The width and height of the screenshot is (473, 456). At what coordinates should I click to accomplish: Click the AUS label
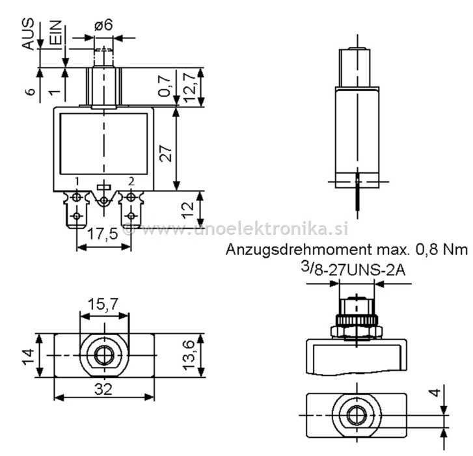coord(28,34)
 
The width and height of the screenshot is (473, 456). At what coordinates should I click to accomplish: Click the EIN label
coord(55,33)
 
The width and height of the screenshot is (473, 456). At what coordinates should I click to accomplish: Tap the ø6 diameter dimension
coord(103,25)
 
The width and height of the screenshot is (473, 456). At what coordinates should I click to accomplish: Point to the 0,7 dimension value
coord(165,87)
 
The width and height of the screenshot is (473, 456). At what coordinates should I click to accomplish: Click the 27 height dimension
coord(165,154)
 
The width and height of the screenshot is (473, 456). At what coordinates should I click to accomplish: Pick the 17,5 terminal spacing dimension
coord(102,234)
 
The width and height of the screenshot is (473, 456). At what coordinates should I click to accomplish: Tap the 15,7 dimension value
coord(103,304)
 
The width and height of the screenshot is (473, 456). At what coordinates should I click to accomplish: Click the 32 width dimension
coord(103,389)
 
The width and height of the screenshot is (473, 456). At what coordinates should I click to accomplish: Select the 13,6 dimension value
coord(189,355)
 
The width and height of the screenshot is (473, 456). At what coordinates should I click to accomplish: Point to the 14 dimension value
coord(29,356)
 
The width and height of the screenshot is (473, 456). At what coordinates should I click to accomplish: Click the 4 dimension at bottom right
coord(435,392)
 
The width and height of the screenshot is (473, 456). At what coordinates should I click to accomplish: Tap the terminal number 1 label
coord(77,181)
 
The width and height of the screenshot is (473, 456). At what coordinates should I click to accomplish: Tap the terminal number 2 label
coord(131,181)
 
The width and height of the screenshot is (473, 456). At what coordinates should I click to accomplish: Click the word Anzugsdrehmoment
coord(299,250)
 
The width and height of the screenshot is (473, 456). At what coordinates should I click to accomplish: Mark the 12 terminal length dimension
coord(187,210)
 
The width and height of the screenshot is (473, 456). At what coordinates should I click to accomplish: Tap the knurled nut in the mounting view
coord(357,319)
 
